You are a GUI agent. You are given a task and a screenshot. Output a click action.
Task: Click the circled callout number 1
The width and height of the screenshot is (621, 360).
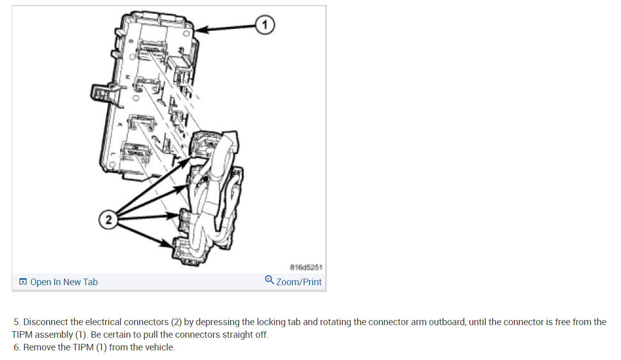click(264, 24)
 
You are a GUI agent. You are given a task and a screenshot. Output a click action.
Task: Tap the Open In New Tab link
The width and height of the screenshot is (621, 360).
click(64, 282)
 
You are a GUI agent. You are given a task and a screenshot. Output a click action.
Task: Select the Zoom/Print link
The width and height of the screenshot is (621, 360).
click(299, 282)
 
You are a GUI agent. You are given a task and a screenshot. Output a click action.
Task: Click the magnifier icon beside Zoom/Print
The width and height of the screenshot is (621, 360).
click(270, 280)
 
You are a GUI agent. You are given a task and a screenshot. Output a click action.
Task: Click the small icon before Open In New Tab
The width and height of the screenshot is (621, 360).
click(23, 282)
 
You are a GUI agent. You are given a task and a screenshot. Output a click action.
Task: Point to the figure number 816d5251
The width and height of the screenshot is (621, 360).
click(305, 266)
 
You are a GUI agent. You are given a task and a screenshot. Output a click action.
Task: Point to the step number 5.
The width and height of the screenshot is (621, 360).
click(17, 322)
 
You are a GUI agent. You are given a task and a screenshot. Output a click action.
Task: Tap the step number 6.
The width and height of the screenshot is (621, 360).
click(17, 347)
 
